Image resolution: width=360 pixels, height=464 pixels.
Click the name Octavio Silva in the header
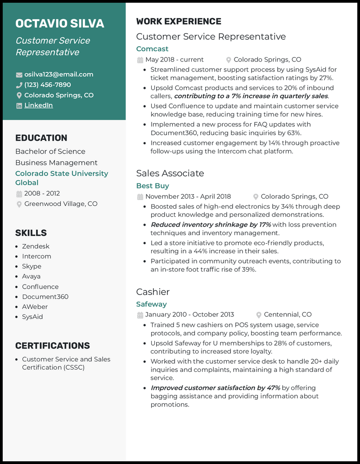pos(59,23)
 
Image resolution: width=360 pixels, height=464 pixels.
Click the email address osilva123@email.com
pos(58,75)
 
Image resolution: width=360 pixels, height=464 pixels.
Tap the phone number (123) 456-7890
pos(47,85)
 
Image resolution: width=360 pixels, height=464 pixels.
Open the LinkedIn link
pos(38,105)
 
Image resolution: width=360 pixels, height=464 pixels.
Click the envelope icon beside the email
pos(19,75)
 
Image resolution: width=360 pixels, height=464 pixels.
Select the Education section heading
pos(41,138)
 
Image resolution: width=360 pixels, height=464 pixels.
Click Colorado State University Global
pos(62,178)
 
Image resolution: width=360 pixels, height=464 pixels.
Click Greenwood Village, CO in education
pos(61,204)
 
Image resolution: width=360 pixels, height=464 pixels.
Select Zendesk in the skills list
pos(36,246)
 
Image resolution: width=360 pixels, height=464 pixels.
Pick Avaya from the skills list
pos(31,277)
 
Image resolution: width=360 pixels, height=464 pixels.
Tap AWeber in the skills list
pos(35,307)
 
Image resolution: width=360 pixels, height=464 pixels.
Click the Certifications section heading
pos(52,346)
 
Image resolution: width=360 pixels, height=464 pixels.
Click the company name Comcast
pos(152,49)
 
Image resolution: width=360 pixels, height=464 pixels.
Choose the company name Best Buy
pos(153,186)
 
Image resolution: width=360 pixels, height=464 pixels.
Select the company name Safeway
pos(151,304)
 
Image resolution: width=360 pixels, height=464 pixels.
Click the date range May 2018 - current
pos(174,60)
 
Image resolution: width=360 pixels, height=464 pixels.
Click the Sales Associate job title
pos(170,173)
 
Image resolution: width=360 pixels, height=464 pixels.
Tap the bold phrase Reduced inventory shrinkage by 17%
pos(211,225)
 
